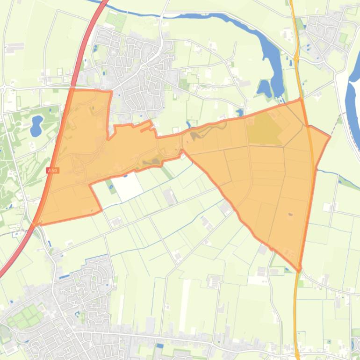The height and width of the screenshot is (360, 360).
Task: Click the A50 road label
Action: pyautogui.click(x=52, y=171)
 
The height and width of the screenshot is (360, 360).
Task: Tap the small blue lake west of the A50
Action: pyautogui.click(x=36, y=125)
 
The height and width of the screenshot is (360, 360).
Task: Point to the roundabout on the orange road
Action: pyautogui.click(x=296, y=58)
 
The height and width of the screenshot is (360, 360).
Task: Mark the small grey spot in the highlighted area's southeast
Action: pyautogui.click(x=291, y=215)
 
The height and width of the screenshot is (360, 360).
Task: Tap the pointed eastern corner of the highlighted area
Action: pyautogui.click(x=330, y=137)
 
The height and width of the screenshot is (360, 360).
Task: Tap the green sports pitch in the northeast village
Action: pyautogui.click(x=343, y=37)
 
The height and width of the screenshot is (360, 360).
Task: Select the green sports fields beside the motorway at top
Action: pyautogui.click(x=115, y=20)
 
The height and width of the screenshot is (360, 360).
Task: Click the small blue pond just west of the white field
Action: pyautogui.click(x=111, y=188)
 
